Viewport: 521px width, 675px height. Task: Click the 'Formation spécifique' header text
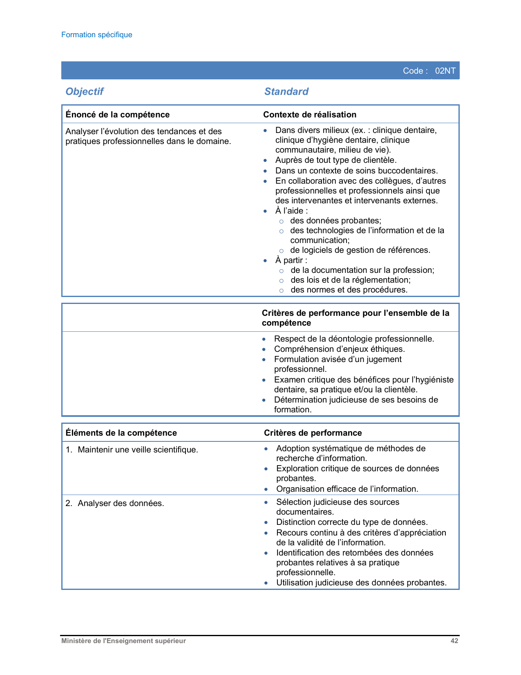coord(97,35)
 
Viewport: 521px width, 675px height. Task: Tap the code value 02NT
coord(445,71)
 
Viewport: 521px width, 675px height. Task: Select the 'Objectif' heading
coord(85,92)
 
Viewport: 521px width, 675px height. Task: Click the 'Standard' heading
coord(286,92)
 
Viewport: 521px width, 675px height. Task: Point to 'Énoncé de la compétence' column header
coord(118,115)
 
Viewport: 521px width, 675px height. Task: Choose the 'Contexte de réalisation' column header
coord(310,115)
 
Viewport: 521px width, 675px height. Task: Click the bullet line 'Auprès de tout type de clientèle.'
coord(336,160)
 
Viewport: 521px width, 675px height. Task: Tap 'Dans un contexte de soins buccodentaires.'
coord(356,171)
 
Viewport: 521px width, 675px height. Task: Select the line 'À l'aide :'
coord(291,211)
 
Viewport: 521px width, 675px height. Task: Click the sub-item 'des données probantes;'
coord(335,221)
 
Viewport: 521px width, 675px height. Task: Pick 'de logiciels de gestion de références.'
coord(360,250)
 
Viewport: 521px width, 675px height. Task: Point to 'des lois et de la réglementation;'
coord(351,280)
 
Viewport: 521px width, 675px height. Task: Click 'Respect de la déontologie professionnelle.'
coord(354,339)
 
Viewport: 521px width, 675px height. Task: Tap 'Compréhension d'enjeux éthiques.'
coord(340,349)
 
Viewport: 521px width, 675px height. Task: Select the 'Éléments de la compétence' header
coord(121,433)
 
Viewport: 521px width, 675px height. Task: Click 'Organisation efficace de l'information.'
coord(347,489)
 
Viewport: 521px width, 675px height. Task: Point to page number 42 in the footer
coord(454,641)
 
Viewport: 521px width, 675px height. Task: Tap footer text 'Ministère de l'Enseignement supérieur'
coord(123,641)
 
